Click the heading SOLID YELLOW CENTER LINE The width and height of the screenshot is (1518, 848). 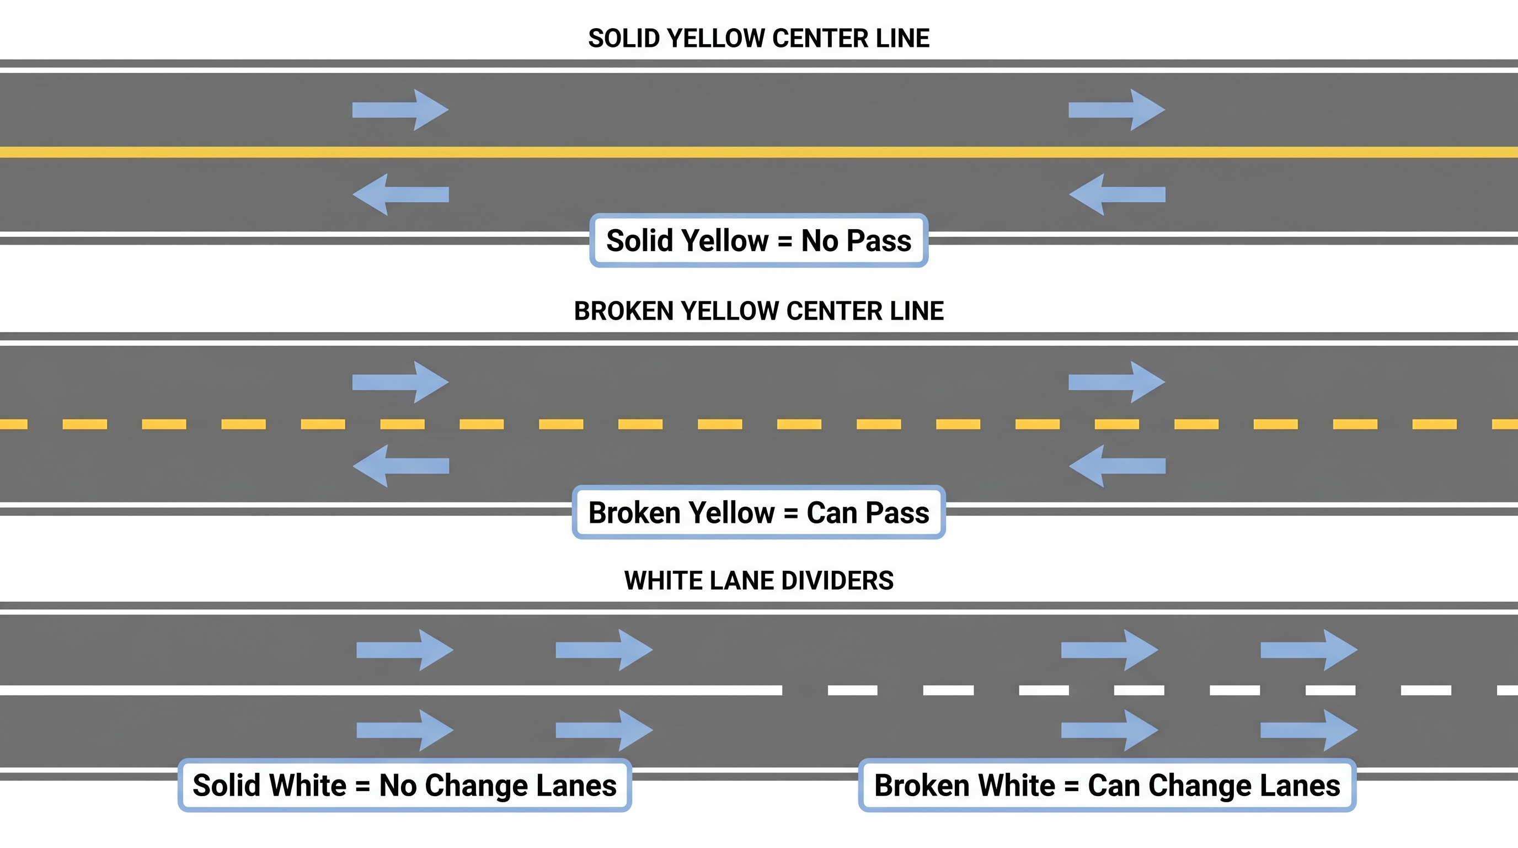(x=758, y=38)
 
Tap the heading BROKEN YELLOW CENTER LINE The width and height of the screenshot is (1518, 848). (x=758, y=311)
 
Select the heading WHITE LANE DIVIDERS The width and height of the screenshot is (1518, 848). (x=758, y=580)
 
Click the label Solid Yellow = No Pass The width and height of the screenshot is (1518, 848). (x=758, y=241)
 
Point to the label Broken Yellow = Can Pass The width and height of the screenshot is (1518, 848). (x=758, y=512)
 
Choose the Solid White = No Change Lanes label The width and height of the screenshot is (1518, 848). (x=404, y=786)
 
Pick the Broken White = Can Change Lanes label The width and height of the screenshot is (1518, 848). (x=1107, y=786)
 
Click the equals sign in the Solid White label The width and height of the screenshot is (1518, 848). (x=362, y=786)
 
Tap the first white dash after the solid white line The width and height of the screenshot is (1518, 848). (x=852, y=690)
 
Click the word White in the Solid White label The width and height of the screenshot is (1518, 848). (x=308, y=786)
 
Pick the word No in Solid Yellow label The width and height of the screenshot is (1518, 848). (x=819, y=241)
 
